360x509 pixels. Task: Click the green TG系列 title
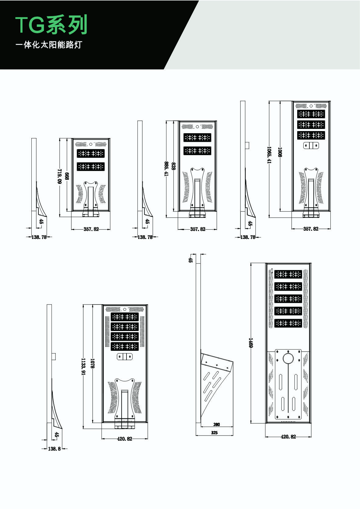tap(51, 25)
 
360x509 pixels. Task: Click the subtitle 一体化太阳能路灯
tap(49, 45)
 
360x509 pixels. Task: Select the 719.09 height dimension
tap(59, 176)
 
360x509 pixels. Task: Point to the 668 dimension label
tap(67, 176)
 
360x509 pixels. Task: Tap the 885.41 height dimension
tap(166, 169)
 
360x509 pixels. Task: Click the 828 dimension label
tap(173, 166)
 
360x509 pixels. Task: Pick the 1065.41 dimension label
tap(269, 155)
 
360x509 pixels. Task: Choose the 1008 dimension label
tap(280, 152)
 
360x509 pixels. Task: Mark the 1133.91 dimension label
tap(83, 366)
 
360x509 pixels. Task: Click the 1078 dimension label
tap(92, 363)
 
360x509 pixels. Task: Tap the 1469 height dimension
tap(251, 343)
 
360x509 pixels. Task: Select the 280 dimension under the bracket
tap(216, 424)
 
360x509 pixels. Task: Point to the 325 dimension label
tap(214, 432)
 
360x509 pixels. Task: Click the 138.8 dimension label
tap(55, 449)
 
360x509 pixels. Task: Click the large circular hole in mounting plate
tap(288, 358)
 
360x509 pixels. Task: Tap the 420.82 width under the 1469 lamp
tap(288, 436)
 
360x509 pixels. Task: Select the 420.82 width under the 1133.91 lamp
tap(125, 439)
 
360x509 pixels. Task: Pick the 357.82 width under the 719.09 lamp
tap(91, 229)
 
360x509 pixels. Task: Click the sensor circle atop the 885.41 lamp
tap(197, 127)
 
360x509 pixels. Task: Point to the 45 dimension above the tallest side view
tap(191, 260)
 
